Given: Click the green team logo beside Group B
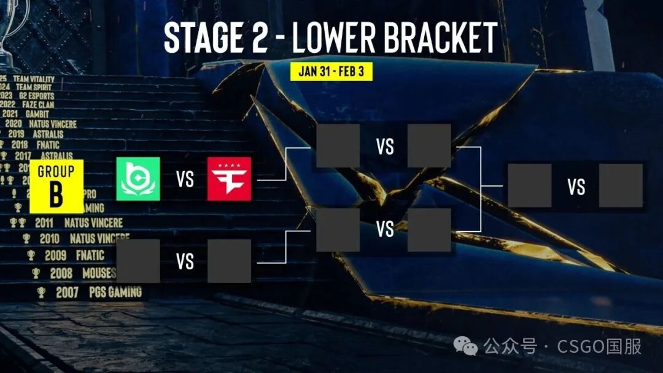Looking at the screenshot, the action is [138, 179].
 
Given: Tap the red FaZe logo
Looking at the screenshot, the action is [229, 179].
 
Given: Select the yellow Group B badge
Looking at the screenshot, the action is [56, 186].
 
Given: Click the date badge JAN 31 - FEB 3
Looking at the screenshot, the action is [331, 71].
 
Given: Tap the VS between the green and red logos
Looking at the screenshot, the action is [185, 179].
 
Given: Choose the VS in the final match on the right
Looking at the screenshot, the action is [576, 186].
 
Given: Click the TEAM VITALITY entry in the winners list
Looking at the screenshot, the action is [34, 79].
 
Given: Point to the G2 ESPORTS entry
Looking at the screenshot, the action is [33, 96].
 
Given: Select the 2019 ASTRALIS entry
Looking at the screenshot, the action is [36, 134].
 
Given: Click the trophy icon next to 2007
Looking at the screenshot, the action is [41, 293].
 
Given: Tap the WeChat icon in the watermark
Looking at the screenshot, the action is [470, 347].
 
